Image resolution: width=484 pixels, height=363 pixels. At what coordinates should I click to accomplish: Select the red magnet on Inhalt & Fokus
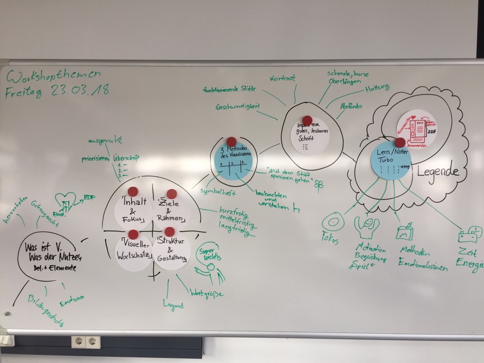pyautogui.click(x=133, y=191)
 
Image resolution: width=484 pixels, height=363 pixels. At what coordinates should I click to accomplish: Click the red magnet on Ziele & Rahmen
pyautogui.click(x=172, y=194)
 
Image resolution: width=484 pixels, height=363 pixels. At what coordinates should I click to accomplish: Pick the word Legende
pyautogui.click(x=438, y=172)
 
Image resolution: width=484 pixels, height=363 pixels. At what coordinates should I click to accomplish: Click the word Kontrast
pyautogui.click(x=283, y=78)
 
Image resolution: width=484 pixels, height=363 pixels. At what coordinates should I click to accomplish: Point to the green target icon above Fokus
pyautogui.click(x=332, y=221)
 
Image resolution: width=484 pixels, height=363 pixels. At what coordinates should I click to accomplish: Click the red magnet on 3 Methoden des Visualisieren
pyautogui.click(x=231, y=141)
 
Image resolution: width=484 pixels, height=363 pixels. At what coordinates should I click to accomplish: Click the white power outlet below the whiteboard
pyautogui.click(x=86, y=341)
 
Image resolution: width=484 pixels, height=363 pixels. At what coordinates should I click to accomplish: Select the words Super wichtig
pyautogui.click(x=208, y=254)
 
